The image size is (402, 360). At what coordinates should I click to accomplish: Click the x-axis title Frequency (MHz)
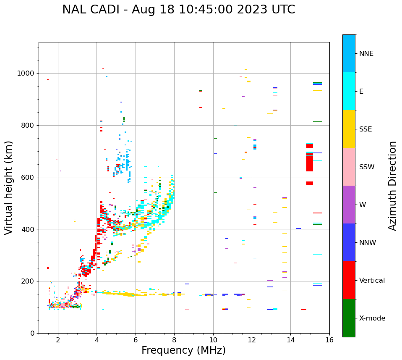pos(183,350)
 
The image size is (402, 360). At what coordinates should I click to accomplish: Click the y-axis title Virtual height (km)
pos(9,188)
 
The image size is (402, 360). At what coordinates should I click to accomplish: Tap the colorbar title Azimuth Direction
pos(392,186)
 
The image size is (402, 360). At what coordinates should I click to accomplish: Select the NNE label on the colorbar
pos(366,54)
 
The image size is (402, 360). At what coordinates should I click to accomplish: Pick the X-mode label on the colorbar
pos(372,318)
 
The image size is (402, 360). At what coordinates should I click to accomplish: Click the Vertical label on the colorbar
pos(372,281)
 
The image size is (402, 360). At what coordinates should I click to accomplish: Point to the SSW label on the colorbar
pos(367,167)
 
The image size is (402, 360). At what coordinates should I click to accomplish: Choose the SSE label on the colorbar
pos(365,129)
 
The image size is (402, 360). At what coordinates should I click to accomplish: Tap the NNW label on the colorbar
pos(368,243)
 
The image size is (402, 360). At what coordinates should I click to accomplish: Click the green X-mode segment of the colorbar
pos(349,318)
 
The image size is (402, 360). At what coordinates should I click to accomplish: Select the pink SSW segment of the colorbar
pos(349,167)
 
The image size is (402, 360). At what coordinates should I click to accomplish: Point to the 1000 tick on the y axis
pos(26,73)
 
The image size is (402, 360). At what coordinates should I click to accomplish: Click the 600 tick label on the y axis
pos(28,177)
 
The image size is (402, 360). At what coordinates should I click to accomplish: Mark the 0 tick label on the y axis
pos(32,333)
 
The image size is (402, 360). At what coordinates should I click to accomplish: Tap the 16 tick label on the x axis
pos(329,340)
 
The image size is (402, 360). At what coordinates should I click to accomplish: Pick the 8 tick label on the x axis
pos(174,340)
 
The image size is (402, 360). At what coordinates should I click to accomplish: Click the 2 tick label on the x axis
pos(58,340)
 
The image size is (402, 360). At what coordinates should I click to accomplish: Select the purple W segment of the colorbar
pos(349,205)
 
